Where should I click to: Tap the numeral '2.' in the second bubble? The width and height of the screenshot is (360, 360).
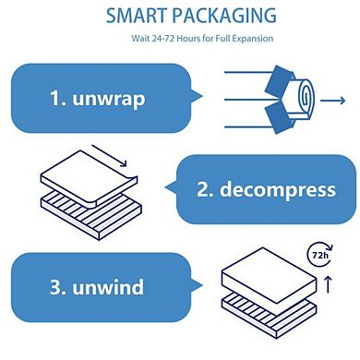[x=207, y=190]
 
